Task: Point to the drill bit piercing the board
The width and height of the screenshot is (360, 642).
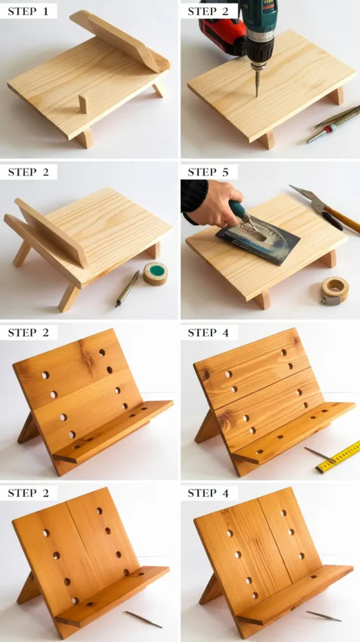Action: click(257, 83)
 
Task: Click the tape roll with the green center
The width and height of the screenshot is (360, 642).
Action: click(156, 273)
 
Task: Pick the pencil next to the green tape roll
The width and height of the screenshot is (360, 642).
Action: click(127, 288)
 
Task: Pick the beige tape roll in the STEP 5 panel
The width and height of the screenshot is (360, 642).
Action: click(335, 290)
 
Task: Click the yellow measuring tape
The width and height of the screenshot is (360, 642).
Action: click(339, 457)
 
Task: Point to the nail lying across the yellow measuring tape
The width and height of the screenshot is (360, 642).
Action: click(320, 453)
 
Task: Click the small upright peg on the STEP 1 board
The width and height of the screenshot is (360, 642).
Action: click(83, 104)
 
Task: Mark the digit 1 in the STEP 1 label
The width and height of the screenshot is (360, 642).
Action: click(45, 11)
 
